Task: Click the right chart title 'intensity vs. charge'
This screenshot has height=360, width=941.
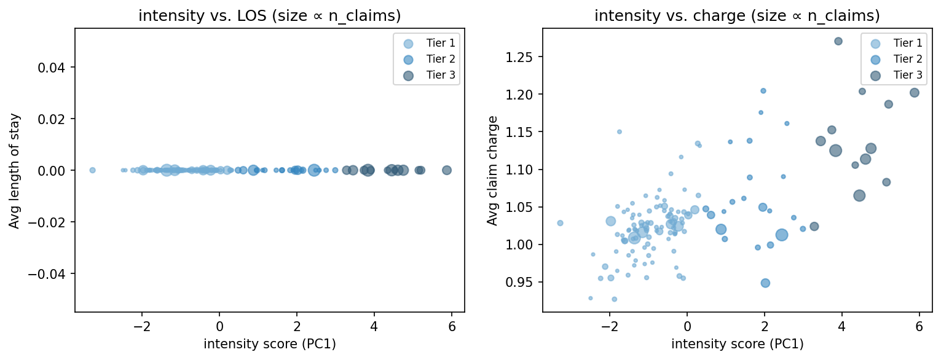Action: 737,16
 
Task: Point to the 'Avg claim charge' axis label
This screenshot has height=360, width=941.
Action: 492,170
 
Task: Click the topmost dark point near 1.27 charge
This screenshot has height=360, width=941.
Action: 838,41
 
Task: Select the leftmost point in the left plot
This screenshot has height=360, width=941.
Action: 92,170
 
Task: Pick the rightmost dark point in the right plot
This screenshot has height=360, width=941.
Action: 914,93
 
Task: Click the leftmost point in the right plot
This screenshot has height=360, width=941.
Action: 560,223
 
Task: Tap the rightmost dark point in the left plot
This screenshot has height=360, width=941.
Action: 447,170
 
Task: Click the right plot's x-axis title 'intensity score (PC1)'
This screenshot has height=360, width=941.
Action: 737,344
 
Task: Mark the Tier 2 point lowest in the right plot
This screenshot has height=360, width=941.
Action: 765,283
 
